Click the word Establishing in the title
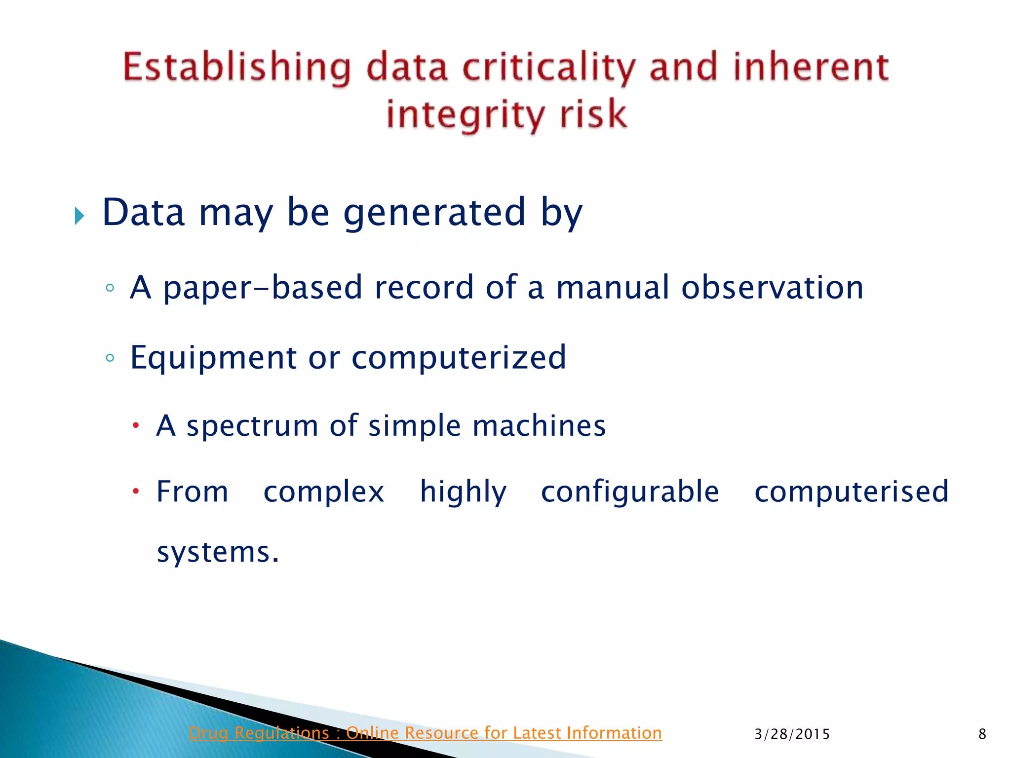236,68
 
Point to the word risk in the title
593,114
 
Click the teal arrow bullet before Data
79,216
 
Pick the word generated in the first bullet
434,212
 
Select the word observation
772,287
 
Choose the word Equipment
213,358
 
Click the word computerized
459,358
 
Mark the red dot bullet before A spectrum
136,425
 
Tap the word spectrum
252,426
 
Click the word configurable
630,492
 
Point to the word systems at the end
218,552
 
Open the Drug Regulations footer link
425,733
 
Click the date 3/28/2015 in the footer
792,734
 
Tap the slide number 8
982,734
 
